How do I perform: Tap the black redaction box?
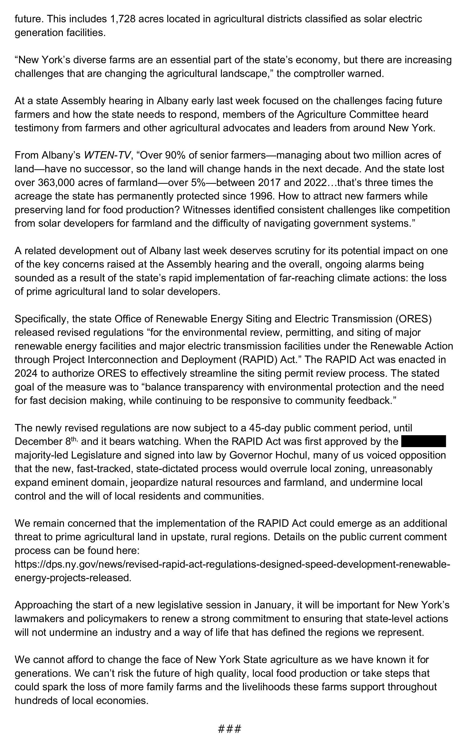pos(423,441)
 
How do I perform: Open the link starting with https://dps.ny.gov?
pos(232,564)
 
